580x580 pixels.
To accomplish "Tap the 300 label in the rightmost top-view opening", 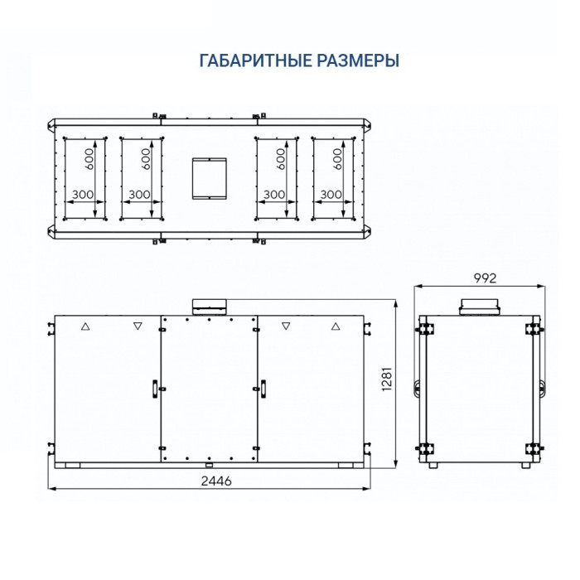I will (331, 194).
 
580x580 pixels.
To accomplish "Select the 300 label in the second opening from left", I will (140, 194).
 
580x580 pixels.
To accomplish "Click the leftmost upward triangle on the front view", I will (84, 327).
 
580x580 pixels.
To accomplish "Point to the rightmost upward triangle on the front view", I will (335, 327).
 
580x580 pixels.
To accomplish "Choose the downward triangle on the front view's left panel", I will (137, 327).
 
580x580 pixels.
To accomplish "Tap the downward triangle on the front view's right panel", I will (286, 327).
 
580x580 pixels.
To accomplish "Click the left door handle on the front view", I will (154, 387).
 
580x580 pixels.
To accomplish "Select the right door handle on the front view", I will (263, 387).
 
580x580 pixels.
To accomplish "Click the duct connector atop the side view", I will (480, 307).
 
